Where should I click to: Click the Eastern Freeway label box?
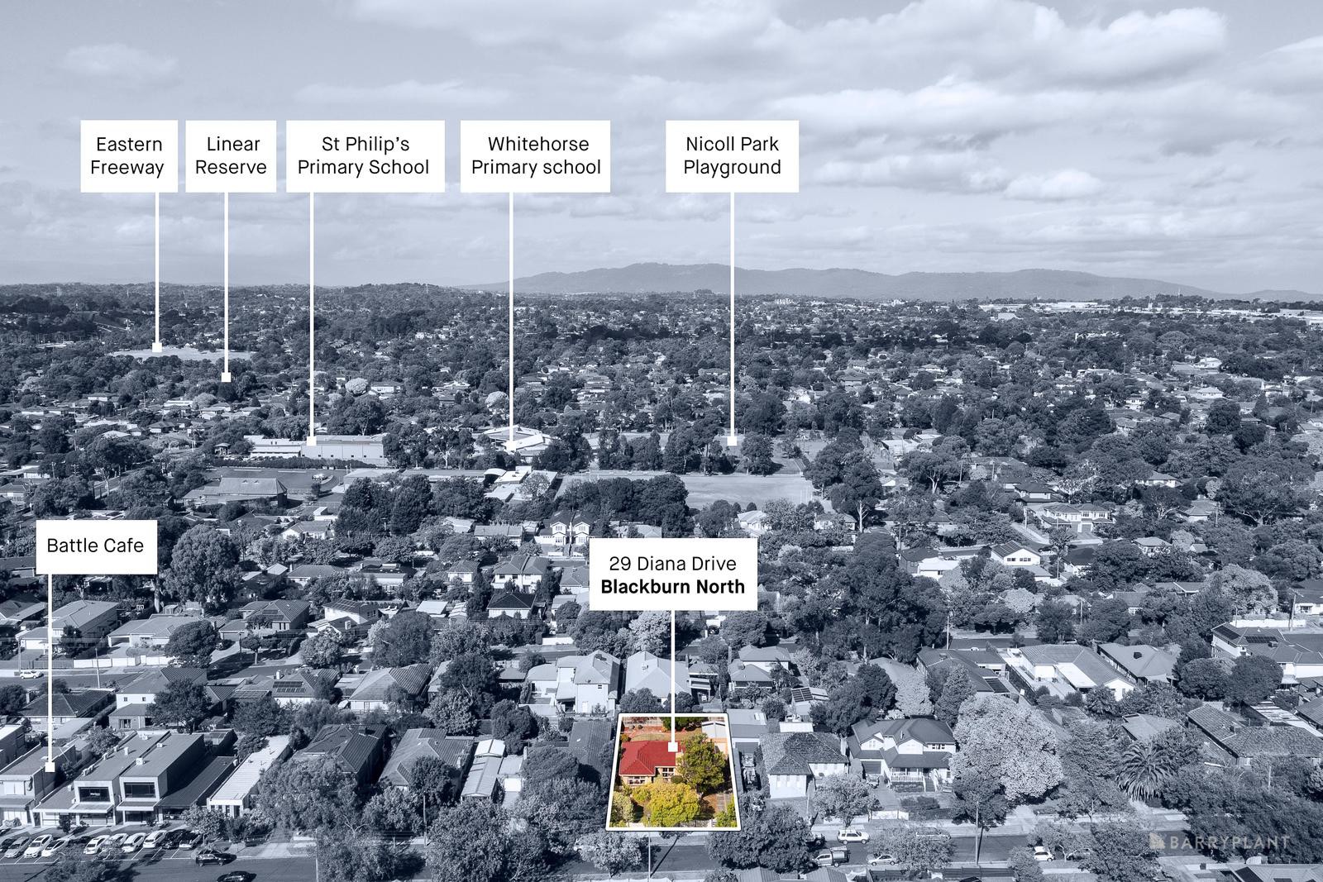(129, 156)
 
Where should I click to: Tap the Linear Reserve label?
(231, 156)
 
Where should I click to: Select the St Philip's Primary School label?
(365, 156)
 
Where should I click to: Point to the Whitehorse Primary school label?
(535, 156)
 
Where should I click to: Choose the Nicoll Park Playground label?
(732, 156)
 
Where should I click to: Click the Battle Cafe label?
(96, 546)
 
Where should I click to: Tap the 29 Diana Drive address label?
(673, 574)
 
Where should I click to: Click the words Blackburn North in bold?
(673, 587)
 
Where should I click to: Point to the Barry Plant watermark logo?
(1219, 841)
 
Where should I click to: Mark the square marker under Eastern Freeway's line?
(157, 347)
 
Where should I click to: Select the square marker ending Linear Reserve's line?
(226, 377)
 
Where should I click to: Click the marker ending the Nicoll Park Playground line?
(732, 441)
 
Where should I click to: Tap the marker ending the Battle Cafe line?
(50, 766)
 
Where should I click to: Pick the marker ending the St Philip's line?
(311, 441)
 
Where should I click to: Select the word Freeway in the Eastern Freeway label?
(127, 168)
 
